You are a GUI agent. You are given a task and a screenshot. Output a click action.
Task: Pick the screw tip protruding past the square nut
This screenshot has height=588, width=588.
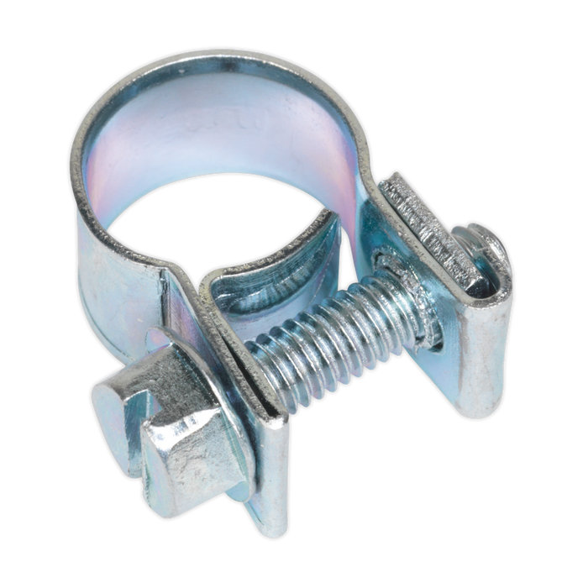487,244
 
